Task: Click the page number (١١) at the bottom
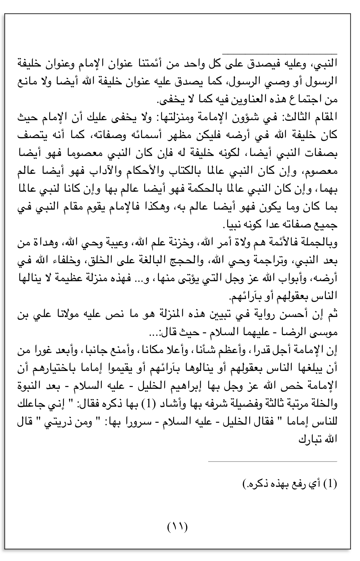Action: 177,527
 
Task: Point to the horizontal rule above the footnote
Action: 273,461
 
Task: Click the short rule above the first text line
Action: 279,54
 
